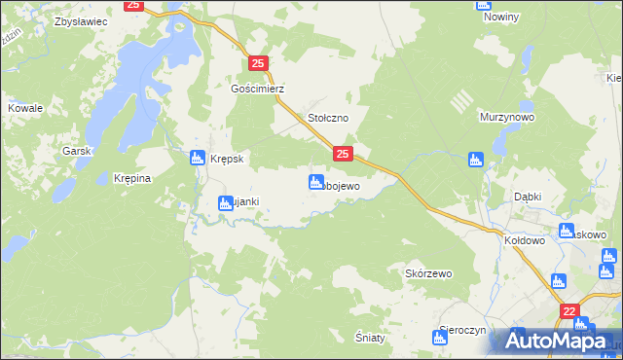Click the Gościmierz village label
coord(257,88)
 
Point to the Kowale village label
coord(25,108)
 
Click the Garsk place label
coord(76,151)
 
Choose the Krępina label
coord(130,179)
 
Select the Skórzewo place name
coord(429,273)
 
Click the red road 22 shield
coord(569,310)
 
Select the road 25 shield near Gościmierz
coord(258,63)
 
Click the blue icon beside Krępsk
coord(197,157)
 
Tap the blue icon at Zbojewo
coord(316,182)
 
